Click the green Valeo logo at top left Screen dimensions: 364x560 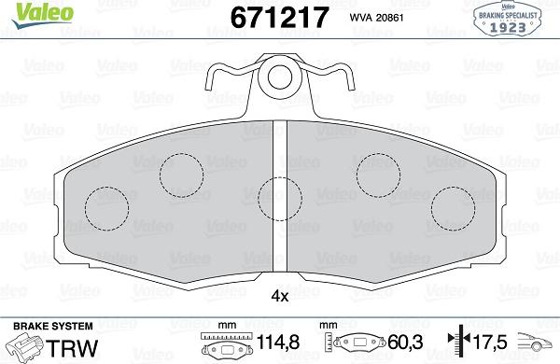coord(25,12)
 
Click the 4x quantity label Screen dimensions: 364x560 coord(279,298)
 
